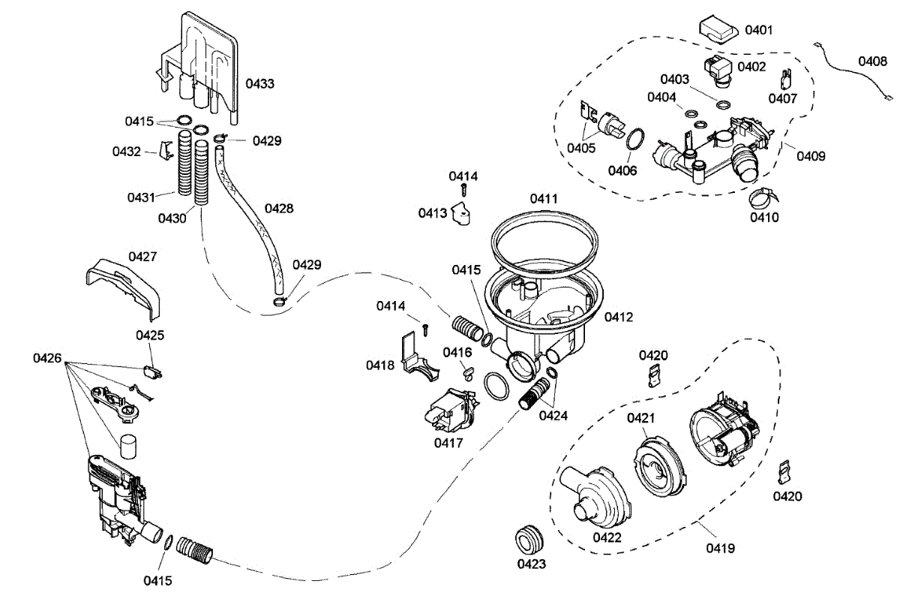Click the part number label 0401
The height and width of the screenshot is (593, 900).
759,30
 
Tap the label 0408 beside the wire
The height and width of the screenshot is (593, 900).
873,62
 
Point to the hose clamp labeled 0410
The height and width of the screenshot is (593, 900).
761,197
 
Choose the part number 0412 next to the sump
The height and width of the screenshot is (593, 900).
619,318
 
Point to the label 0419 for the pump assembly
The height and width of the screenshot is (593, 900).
719,549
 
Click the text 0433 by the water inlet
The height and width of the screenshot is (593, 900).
259,83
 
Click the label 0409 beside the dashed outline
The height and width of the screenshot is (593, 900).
811,156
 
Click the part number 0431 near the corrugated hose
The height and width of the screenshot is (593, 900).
141,197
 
